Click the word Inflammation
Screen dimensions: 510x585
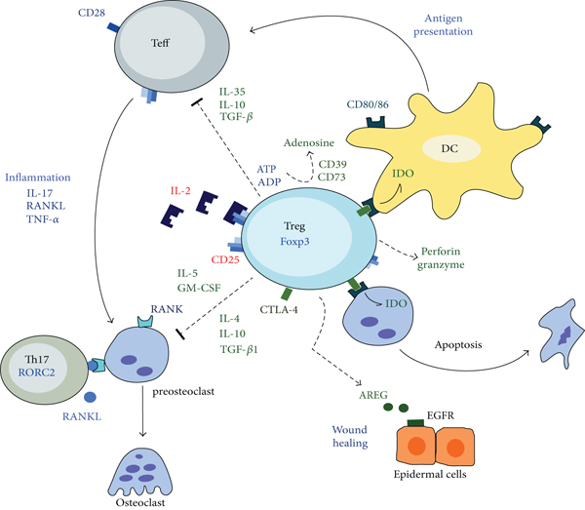point(38,177)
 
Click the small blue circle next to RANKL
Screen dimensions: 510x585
point(89,399)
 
